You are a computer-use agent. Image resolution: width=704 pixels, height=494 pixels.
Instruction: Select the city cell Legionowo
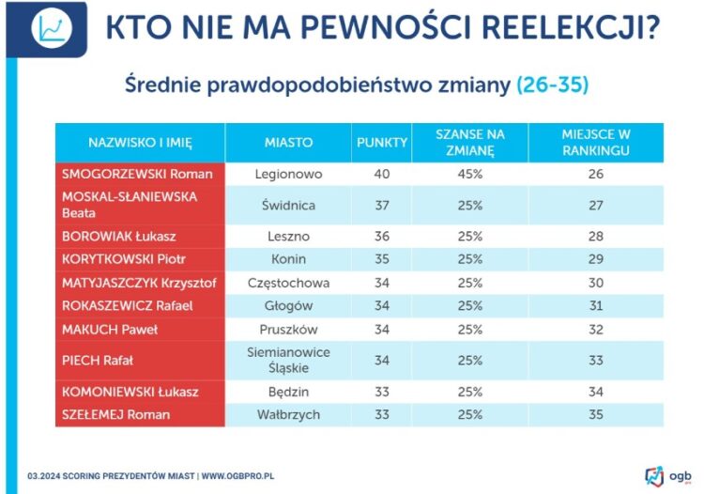tap(288, 174)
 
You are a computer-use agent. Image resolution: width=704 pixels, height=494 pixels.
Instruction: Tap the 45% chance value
tap(470, 174)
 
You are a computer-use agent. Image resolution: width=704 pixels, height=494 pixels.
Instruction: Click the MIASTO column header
tap(288, 143)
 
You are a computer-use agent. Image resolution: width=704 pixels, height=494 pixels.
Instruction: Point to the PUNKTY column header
tap(382, 143)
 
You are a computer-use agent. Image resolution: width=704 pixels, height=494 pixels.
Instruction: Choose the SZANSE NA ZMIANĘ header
tap(470, 142)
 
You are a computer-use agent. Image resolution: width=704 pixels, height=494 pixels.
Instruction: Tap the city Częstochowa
tap(288, 282)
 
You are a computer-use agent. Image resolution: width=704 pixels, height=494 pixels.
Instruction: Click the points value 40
tap(382, 174)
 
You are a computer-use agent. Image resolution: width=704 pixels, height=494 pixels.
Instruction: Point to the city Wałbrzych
tap(288, 414)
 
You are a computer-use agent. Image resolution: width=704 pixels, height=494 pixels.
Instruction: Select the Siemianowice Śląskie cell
tap(288, 360)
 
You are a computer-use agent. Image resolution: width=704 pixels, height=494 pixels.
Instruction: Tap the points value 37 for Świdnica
tap(382, 205)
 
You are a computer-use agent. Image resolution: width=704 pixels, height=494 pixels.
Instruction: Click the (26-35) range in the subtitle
tap(553, 85)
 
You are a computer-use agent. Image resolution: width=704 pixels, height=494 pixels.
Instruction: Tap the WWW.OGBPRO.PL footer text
tap(238, 476)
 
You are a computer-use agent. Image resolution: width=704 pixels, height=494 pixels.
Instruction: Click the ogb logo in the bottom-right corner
tap(668, 474)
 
